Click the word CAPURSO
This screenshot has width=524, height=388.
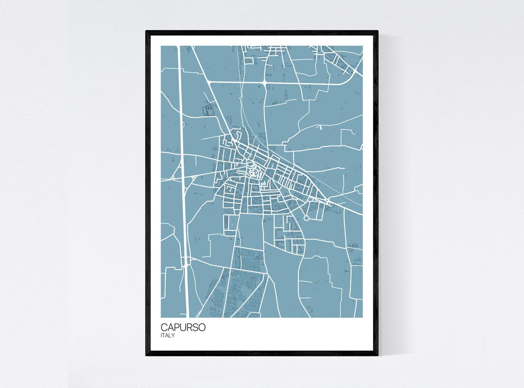pos(183,327)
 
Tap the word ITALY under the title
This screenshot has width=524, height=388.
pos(168,335)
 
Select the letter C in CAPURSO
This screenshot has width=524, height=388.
pos(164,327)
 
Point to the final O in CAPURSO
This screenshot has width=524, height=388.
pos(202,327)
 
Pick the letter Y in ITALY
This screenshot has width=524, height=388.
pos(173,335)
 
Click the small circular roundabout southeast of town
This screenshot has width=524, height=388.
pos(307,219)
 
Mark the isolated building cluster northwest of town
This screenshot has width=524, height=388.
pos(209,110)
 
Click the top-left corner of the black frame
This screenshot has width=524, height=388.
pos(147,32)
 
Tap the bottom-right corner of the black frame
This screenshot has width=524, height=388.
pos(377,355)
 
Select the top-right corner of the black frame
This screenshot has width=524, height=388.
pos(377,32)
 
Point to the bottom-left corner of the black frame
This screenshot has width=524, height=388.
pos(147,355)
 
